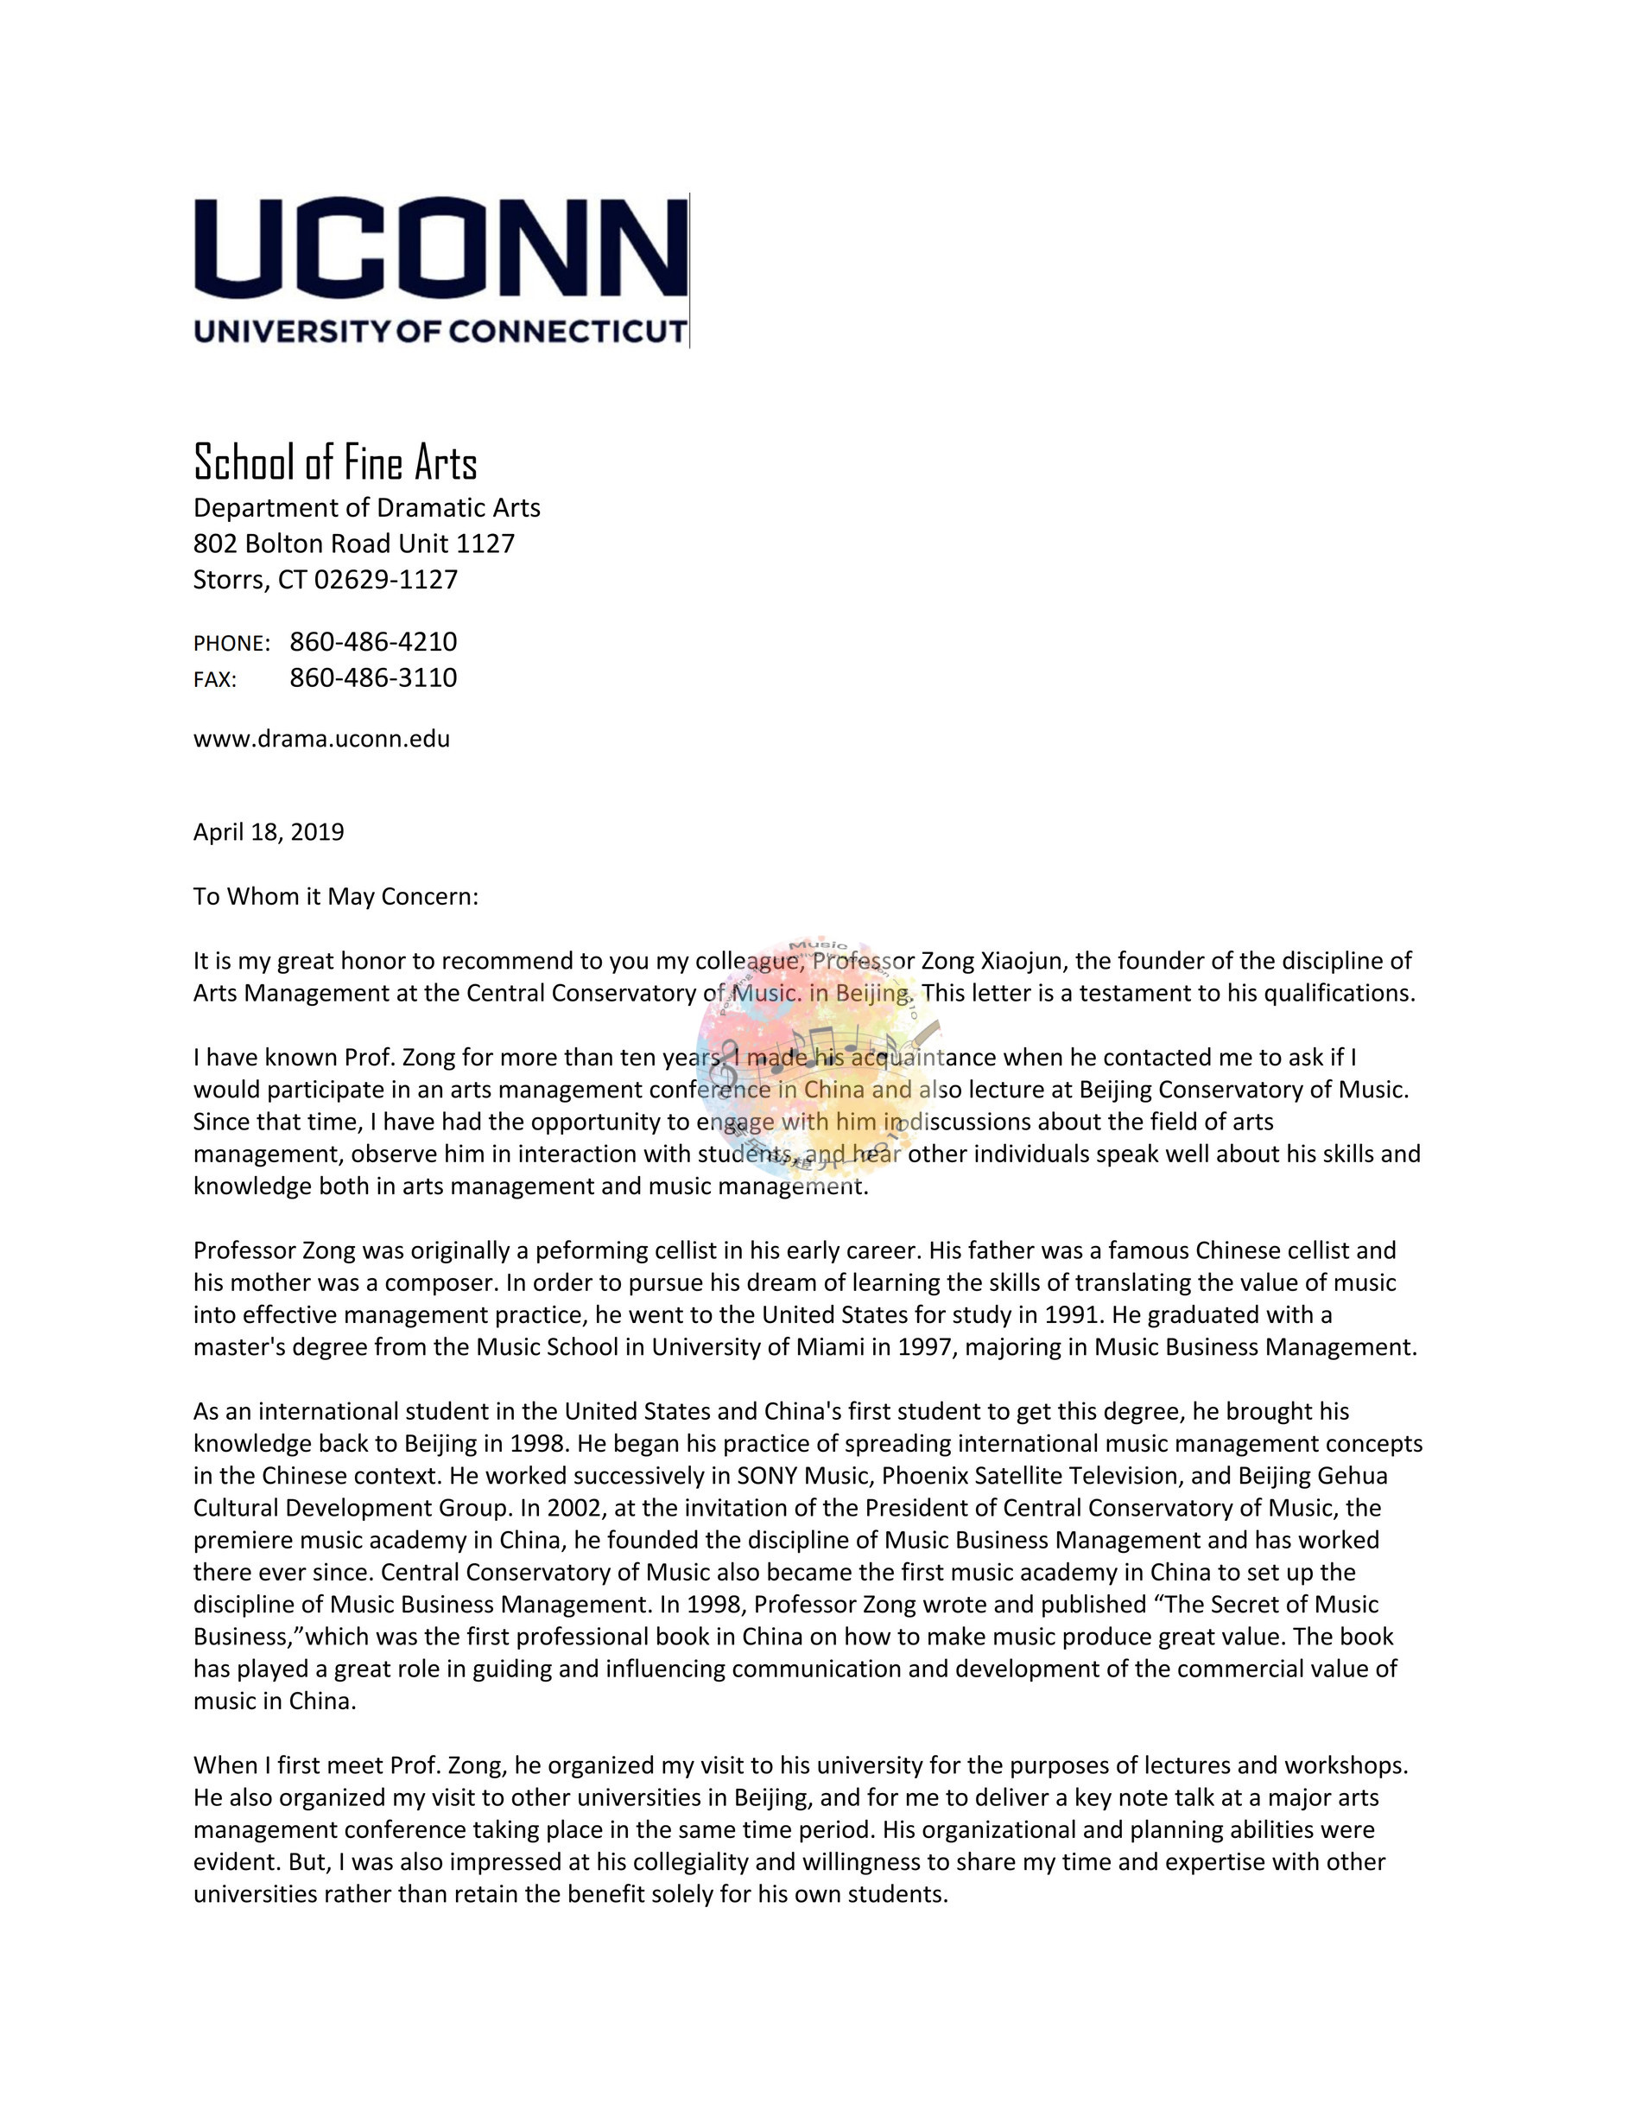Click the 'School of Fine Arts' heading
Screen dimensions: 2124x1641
[x=335, y=462]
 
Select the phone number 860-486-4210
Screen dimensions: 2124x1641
[x=373, y=642]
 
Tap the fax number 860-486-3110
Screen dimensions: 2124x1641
[x=373, y=677]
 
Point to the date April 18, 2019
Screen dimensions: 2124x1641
[x=269, y=832]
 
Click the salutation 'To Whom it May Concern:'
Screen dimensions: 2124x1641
[x=335, y=897]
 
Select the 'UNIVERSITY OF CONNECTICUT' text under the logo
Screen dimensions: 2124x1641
[x=440, y=332]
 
